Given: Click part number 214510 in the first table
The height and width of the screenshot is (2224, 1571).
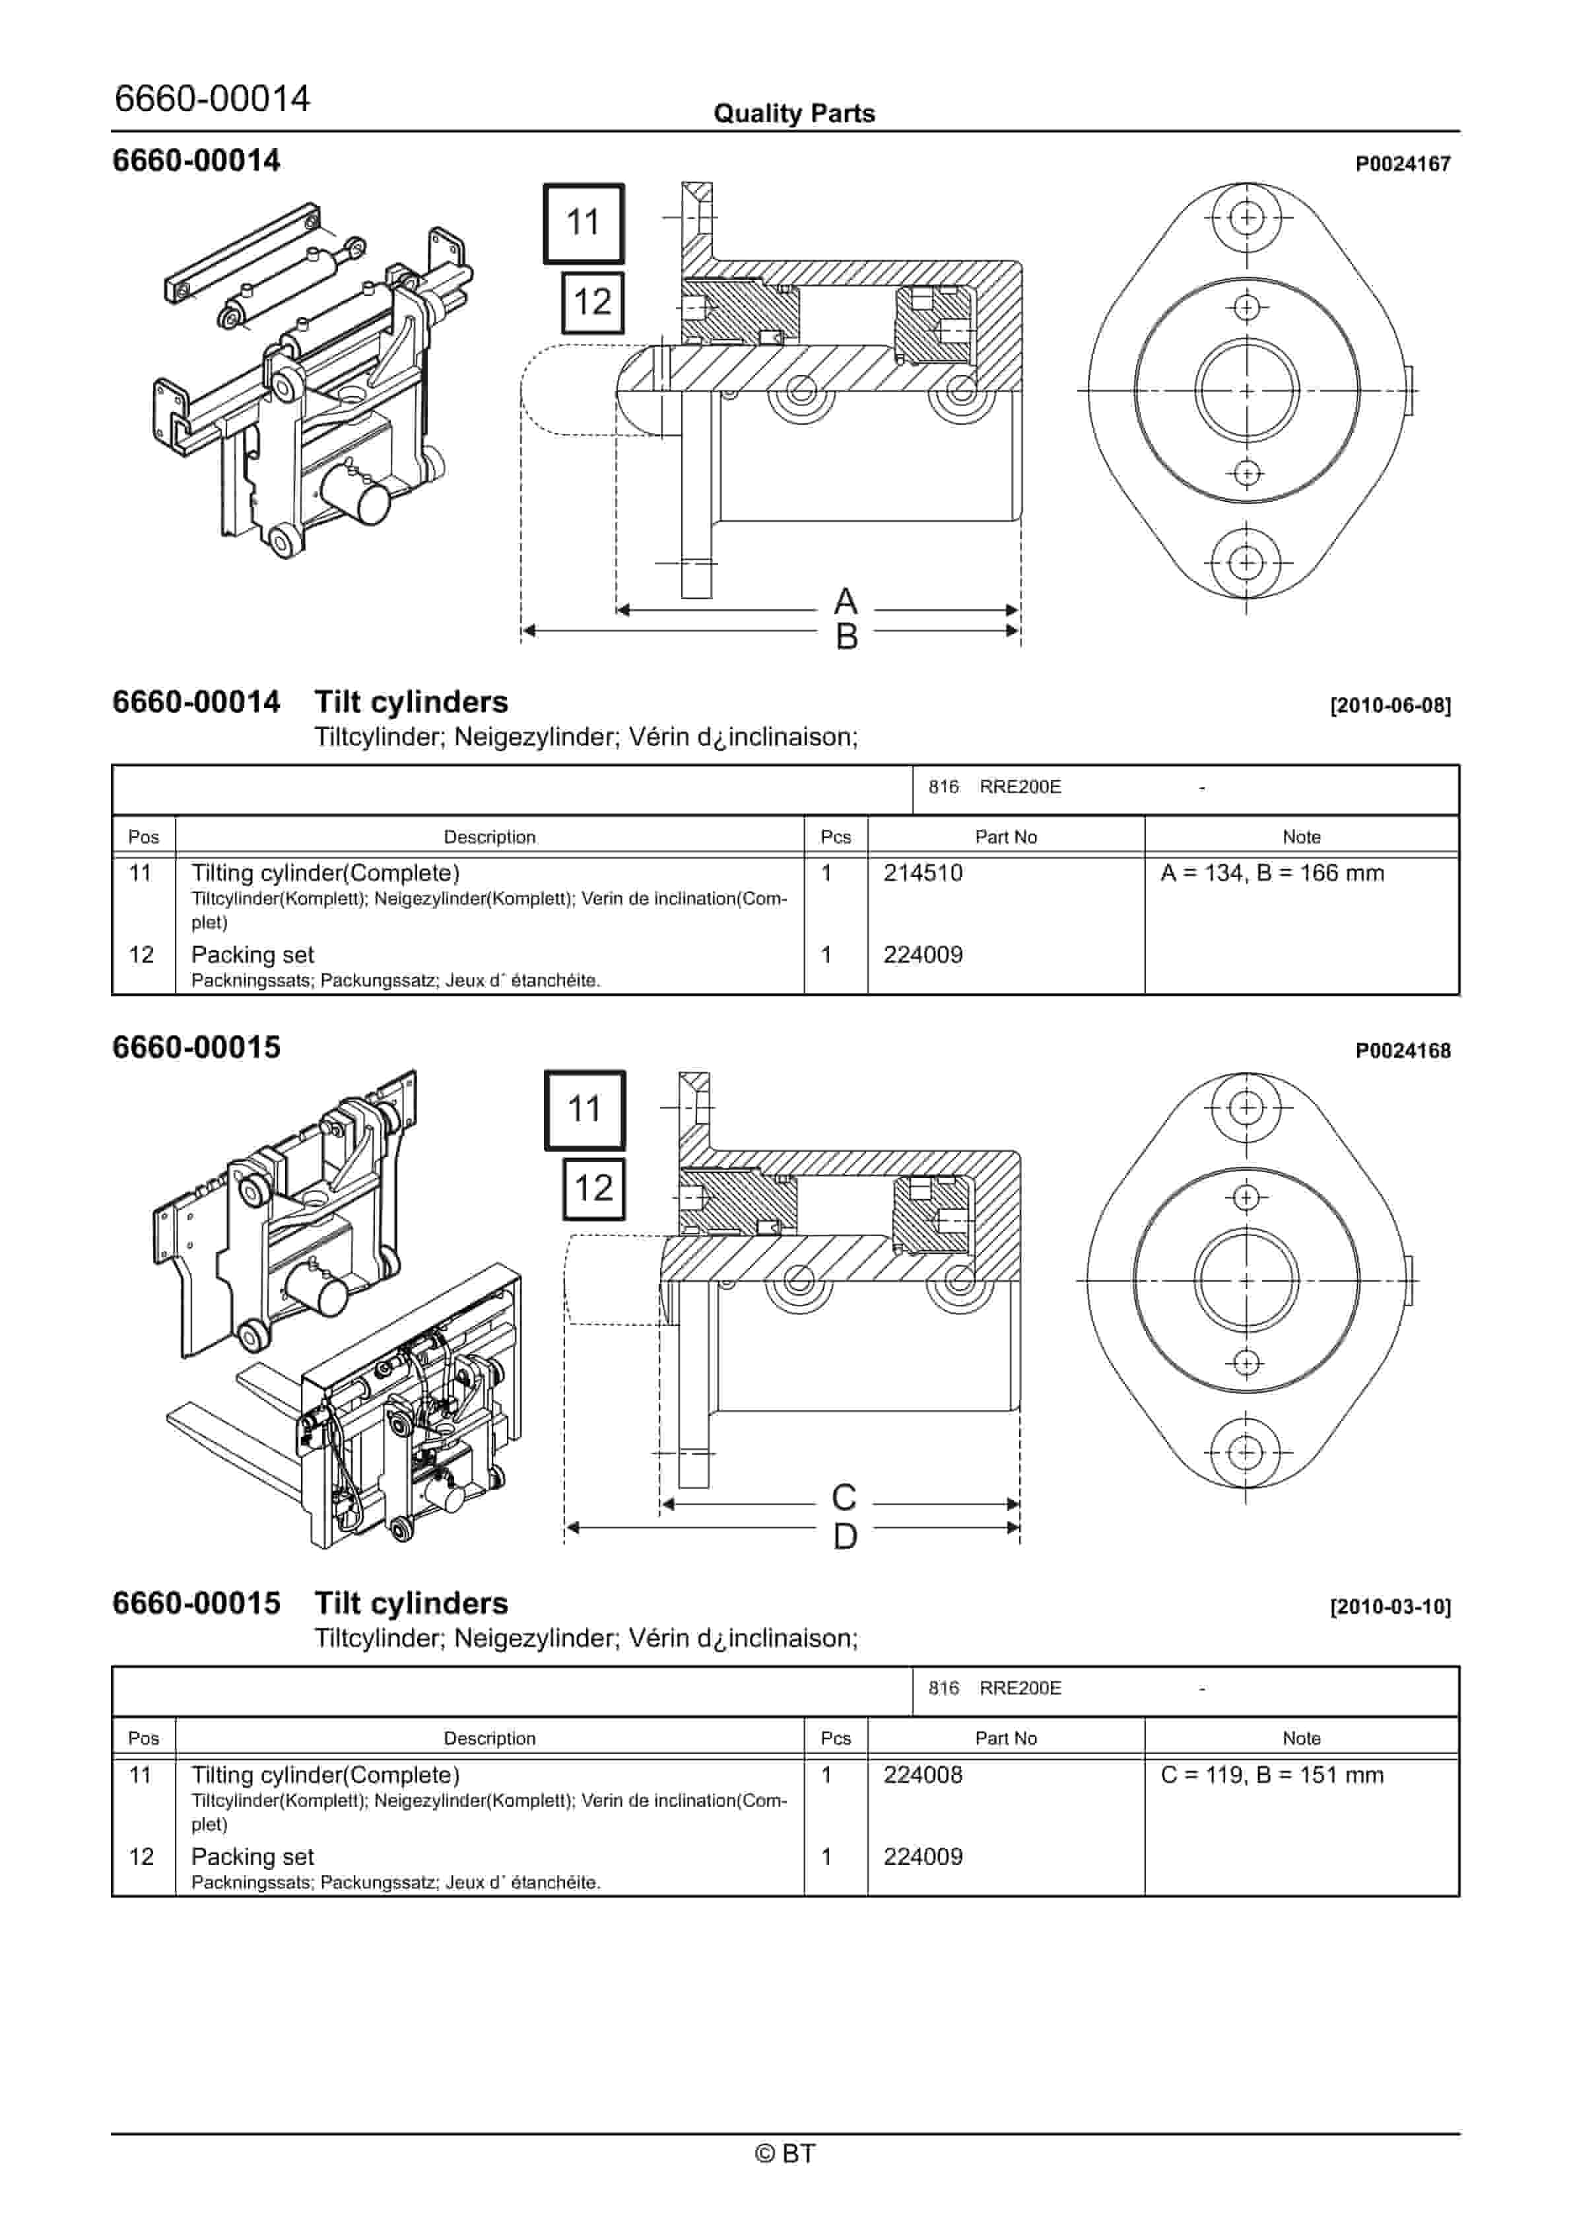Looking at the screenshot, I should click(x=922, y=873).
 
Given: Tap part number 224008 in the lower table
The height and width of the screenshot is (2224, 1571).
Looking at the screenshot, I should click(x=922, y=1774).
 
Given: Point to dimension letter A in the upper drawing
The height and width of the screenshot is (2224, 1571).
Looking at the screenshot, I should click(x=845, y=602).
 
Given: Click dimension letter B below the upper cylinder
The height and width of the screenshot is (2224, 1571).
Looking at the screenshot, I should click(x=846, y=637).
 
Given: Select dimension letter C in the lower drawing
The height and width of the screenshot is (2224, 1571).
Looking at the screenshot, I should click(x=844, y=1498).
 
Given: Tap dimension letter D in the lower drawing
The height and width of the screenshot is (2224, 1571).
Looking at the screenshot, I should click(x=845, y=1537).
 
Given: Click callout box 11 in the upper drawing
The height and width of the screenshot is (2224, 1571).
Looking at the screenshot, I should click(x=583, y=223).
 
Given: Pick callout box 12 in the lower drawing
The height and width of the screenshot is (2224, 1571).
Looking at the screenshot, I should click(x=593, y=1189).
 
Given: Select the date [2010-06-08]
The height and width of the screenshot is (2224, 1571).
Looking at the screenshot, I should click(x=1390, y=705).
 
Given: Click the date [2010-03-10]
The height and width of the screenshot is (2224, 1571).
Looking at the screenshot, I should click(x=1390, y=1607).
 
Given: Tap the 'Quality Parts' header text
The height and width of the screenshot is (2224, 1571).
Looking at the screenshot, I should click(x=793, y=114).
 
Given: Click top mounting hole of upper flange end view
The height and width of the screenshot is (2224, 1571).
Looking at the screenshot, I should click(x=1246, y=217).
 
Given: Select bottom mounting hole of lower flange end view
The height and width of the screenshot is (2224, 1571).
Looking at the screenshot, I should click(x=1246, y=1452).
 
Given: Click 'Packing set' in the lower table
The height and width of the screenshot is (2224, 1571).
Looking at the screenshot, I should click(x=252, y=1857).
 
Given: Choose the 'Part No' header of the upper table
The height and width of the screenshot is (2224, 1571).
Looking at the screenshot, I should click(x=1005, y=837).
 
